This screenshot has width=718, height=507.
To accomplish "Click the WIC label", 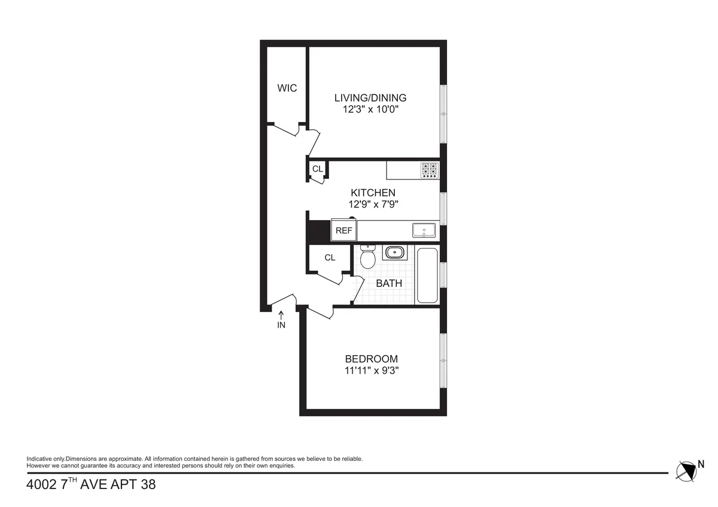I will tap(287, 88).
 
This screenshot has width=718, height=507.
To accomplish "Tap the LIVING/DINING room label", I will tap(370, 98).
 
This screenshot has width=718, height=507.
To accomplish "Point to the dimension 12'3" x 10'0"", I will tap(370, 110).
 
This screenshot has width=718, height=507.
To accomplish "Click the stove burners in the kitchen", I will tap(430, 170).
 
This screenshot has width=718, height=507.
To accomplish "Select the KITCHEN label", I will tap(373, 193).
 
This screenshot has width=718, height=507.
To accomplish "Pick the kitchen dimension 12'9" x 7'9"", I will tap(373, 204).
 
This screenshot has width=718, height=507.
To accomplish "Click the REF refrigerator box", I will tap(343, 230).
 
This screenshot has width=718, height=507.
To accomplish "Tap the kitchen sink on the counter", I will tap(424, 230).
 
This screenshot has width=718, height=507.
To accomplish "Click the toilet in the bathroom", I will tap(368, 258).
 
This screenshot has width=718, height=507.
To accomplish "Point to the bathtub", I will tap(427, 275).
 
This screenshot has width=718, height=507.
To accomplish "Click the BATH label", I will tap(389, 283).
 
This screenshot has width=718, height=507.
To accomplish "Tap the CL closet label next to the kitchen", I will tap(317, 169).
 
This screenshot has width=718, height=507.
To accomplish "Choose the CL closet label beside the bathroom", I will tap(330, 258).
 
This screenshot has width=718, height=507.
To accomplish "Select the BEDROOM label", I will tap(371, 359).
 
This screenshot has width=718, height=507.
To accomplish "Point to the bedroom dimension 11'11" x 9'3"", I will tap(371, 370).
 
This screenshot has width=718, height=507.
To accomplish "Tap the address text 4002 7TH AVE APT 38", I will tap(91, 484).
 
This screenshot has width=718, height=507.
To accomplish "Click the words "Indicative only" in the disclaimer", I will tap(45, 459).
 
